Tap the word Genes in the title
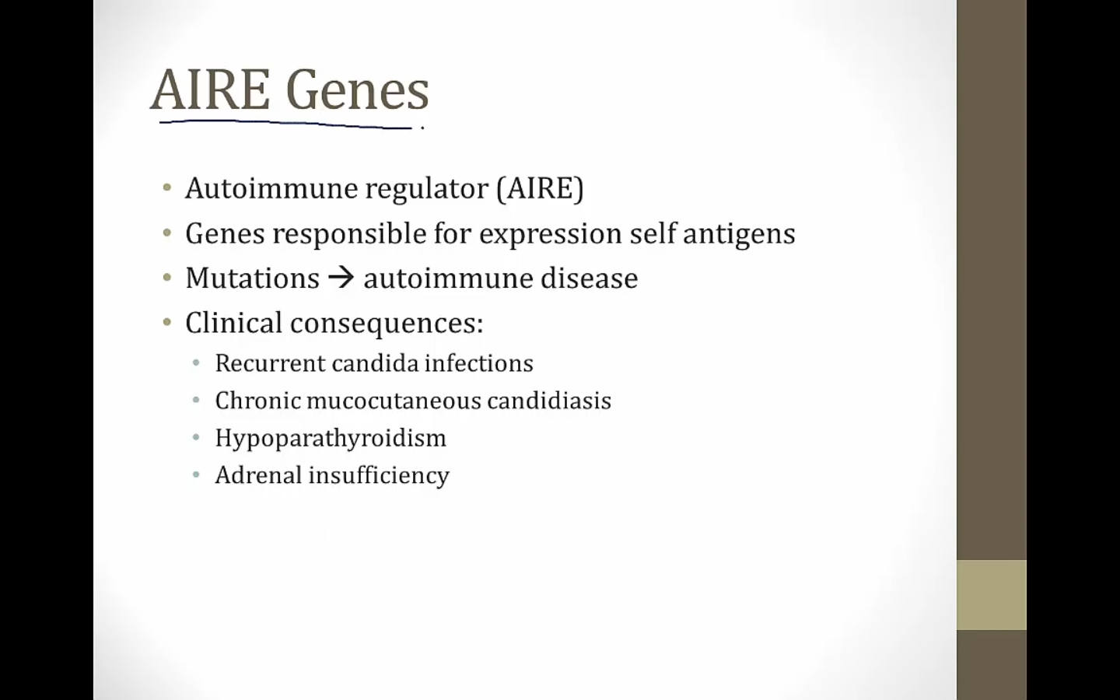[358, 90]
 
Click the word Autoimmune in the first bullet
[271, 188]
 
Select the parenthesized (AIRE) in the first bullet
[540, 188]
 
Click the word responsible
[349, 234]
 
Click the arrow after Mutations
[341, 278]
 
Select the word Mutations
[253, 278]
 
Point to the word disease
[590, 278]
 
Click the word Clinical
[234, 323]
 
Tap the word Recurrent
[271, 363]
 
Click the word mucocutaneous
[394, 401]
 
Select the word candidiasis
[549, 401]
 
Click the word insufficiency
[379, 475]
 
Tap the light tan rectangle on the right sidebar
[992, 595]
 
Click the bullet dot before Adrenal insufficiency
[196, 474]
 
